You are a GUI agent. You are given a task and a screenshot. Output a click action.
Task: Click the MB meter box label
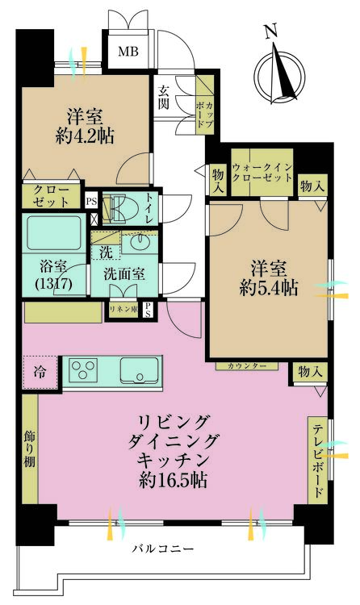tap(128, 52)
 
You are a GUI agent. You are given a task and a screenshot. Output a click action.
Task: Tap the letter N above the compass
tap(271, 31)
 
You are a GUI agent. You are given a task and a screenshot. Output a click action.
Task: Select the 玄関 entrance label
tap(164, 97)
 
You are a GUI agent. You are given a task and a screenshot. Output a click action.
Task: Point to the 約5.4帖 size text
tap(269, 287)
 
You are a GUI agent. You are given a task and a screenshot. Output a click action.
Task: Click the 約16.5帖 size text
tap(173, 480)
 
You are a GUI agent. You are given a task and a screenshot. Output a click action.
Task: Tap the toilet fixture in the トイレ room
tap(115, 209)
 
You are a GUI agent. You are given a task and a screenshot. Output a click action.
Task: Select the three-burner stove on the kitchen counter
tap(83, 369)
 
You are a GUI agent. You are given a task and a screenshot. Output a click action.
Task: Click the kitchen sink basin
tap(139, 370)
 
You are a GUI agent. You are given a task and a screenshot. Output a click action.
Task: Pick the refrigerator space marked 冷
tap(40, 373)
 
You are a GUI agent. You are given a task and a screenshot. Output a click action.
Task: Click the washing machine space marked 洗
tap(106, 247)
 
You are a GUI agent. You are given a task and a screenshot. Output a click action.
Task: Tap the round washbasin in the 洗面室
tap(137, 242)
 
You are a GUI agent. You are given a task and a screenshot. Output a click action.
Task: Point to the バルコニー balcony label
tap(162, 549)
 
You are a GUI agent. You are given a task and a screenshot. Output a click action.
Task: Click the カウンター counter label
tap(247, 365)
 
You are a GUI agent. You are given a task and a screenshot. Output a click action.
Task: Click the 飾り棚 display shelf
tap(30, 449)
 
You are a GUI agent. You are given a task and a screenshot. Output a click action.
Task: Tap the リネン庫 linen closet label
tap(123, 310)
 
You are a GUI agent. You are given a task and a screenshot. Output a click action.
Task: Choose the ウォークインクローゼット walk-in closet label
tap(262, 173)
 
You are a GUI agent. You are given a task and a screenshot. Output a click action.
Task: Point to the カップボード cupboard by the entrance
tap(204, 105)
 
